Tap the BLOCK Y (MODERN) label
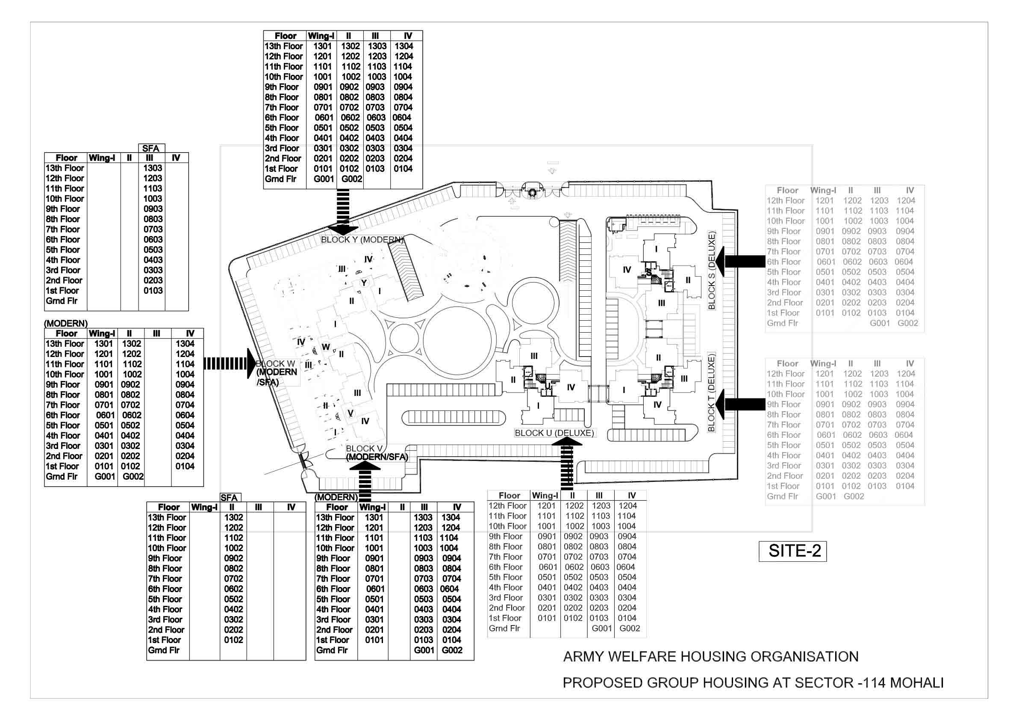point(362,240)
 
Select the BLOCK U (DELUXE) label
point(554,433)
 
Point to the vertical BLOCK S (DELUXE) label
point(711,270)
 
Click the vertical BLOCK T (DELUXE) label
point(711,392)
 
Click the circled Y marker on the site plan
point(364,283)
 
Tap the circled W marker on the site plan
point(325,347)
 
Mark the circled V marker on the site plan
point(350,413)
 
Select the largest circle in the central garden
point(456,337)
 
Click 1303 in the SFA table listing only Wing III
point(152,168)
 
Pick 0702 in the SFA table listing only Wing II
point(233,579)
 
